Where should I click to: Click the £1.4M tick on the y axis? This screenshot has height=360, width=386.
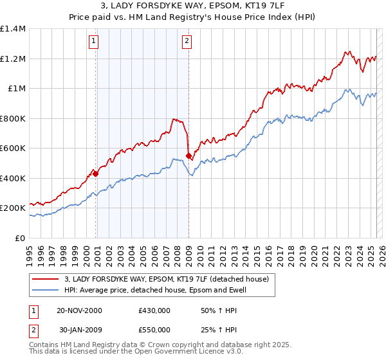coord(13,29)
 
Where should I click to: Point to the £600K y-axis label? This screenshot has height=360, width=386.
coord(13,148)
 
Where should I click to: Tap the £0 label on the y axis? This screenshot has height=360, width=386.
coord(19,238)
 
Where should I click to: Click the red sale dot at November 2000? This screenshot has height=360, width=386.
coord(96,174)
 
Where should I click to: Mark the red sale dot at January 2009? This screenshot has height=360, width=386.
coord(189,156)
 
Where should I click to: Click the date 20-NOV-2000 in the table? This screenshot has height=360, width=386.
coord(79,310)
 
